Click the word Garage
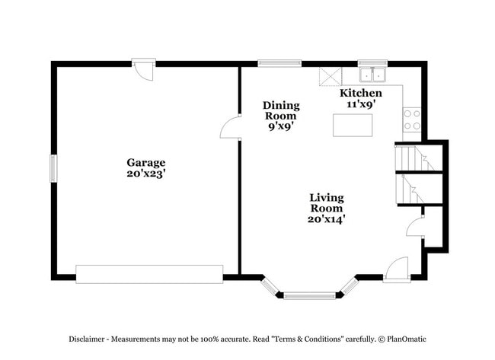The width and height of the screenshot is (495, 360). click(x=145, y=162)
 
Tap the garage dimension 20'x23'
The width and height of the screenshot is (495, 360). click(x=145, y=174)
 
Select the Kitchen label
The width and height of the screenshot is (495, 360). click(x=360, y=93)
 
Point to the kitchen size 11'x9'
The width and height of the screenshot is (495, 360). click(x=360, y=104)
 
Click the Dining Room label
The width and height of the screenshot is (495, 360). click(x=281, y=110)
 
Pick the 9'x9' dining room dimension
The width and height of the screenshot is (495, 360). click(x=281, y=127)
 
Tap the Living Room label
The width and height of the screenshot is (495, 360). click(x=326, y=202)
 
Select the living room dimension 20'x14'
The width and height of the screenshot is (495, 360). click(x=326, y=219)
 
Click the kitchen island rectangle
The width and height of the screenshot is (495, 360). click(x=353, y=124)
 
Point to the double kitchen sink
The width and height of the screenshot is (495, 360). click(x=373, y=75)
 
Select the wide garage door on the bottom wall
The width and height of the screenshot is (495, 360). click(x=149, y=274)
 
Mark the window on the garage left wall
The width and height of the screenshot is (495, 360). click(x=53, y=168)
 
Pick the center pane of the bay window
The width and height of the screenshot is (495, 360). click(x=309, y=295)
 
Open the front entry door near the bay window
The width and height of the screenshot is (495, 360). click(x=397, y=270)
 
